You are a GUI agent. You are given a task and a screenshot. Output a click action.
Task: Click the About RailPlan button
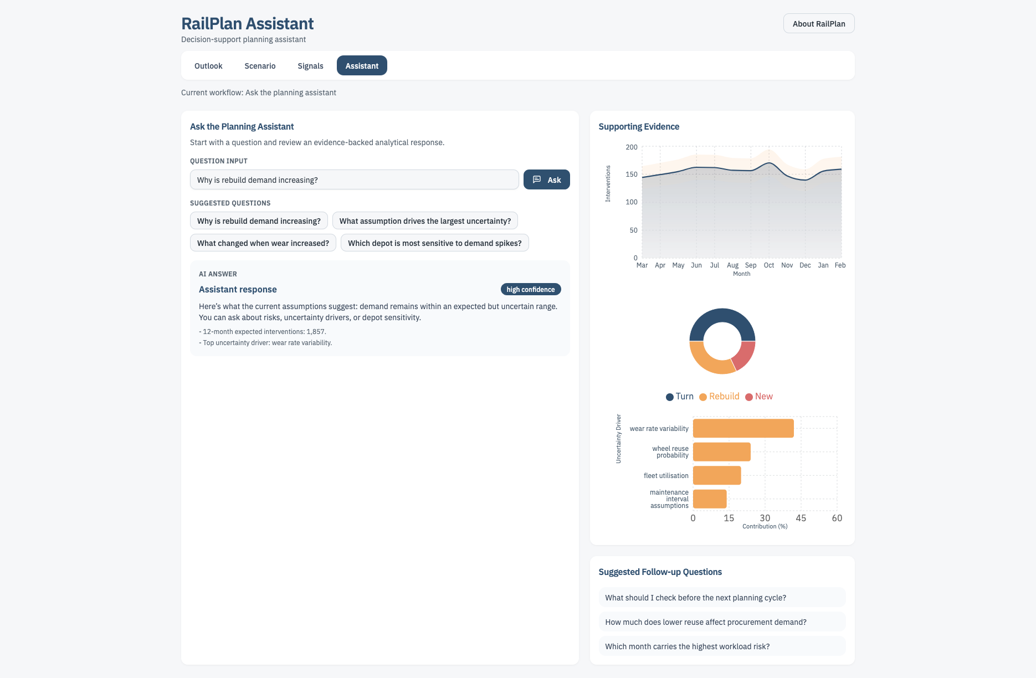pos(818,24)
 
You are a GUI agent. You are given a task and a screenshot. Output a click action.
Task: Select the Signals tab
pos(310,66)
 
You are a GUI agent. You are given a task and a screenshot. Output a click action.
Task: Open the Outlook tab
pos(208,66)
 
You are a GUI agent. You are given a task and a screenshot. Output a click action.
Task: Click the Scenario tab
pos(260,66)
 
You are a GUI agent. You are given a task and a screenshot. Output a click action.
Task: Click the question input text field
pos(354,180)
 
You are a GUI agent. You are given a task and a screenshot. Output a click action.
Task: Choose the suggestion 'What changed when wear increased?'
pos(263,243)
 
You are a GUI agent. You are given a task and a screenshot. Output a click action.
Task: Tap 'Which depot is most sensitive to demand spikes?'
pos(434,243)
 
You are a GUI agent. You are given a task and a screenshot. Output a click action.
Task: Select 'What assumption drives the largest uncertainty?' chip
pos(425,221)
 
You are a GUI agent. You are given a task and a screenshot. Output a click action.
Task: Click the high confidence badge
pos(530,290)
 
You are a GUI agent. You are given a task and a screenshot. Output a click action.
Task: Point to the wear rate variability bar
pos(742,428)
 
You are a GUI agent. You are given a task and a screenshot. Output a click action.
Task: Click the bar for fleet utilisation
pos(716,475)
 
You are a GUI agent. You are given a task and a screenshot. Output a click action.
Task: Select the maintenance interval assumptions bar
pos(709,499)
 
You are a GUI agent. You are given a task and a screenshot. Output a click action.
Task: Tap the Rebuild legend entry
pos(719,397)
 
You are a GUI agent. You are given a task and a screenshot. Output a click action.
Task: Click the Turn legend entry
pos(680,397)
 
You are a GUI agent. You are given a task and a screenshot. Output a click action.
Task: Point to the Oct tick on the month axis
pos(768,265)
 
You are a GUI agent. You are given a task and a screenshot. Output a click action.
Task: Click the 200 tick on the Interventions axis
pos(632,147)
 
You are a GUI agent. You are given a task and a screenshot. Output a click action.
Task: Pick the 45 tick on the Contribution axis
pos(801,518)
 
